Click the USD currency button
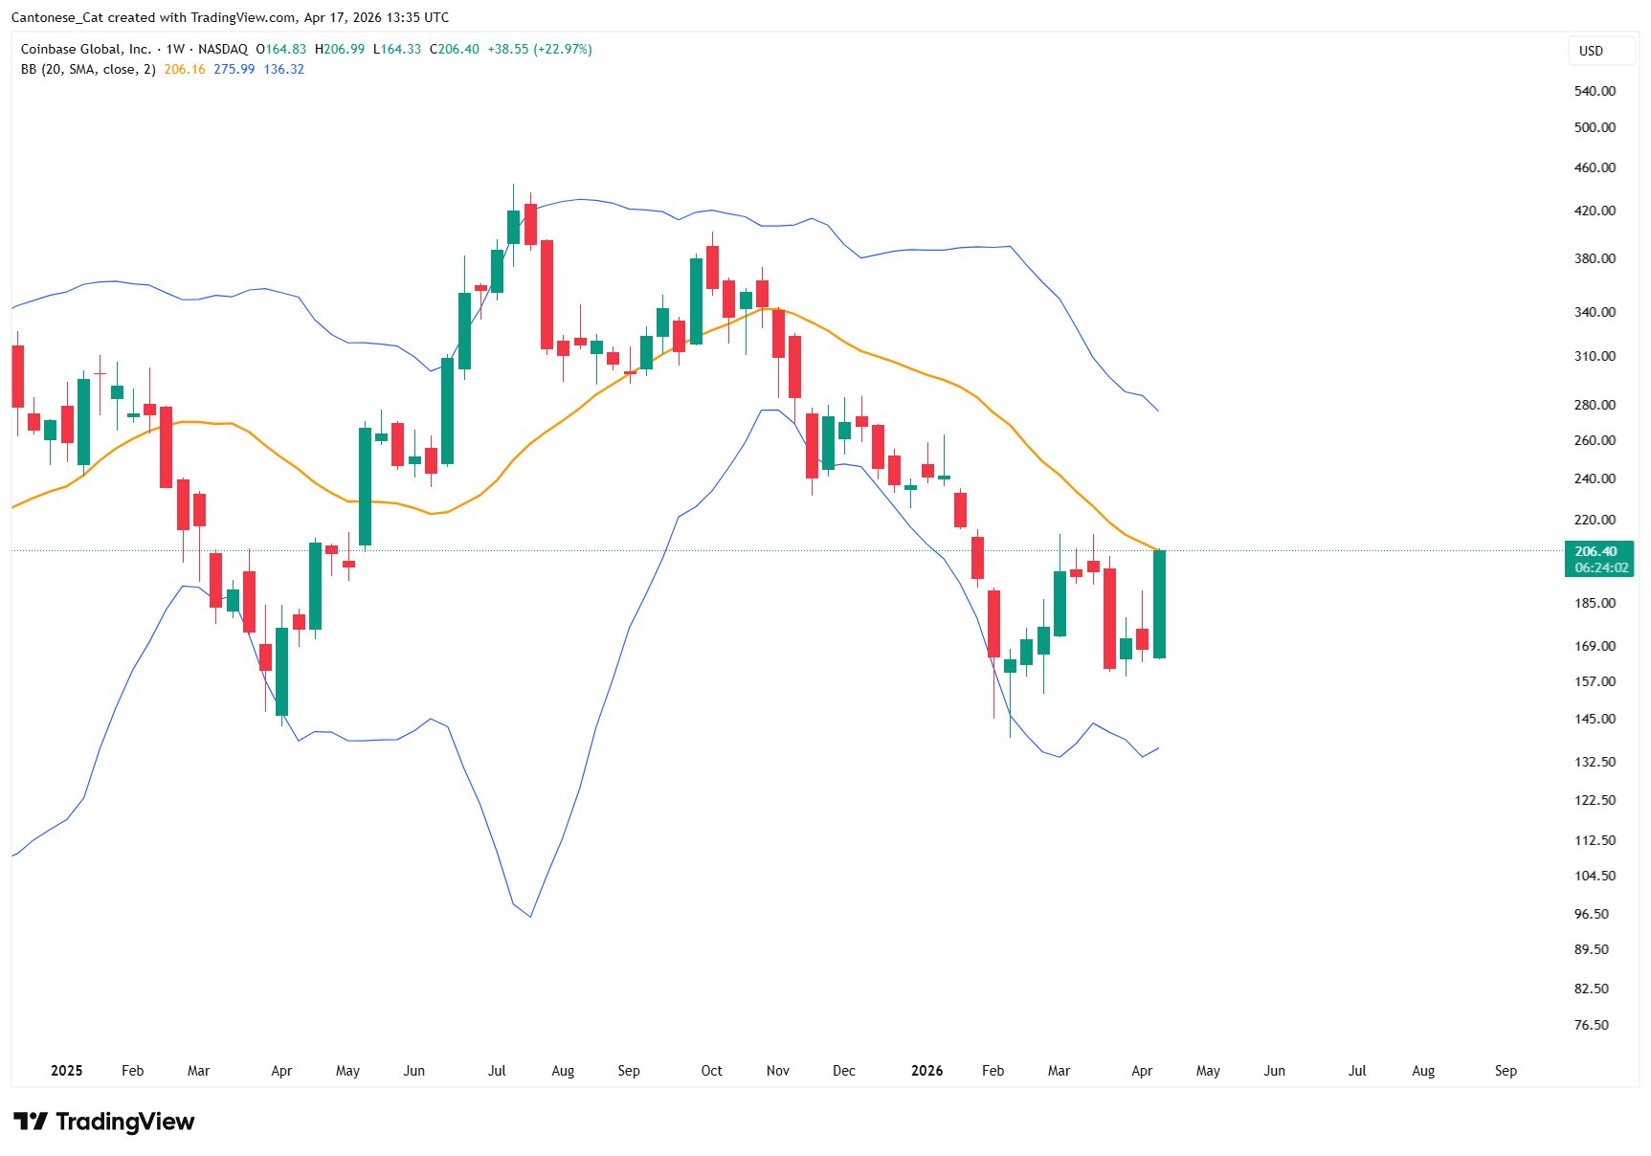[1591, 51]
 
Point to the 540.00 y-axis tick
[1595, 91]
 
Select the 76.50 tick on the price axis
[1592, 1025]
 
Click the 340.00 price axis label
[1595, 312]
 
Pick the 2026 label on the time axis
[926, 1071]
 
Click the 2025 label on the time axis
[67, 1071]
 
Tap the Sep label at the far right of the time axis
[1506, 1071]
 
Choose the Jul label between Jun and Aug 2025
[497, 1071]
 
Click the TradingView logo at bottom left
[103, 1122]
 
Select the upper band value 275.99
[234, 69]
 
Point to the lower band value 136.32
[284, 69]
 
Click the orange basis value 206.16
[185, 69]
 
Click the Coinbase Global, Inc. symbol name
[86, 49]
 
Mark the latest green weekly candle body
[1159, 604]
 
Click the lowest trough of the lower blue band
[530, 916]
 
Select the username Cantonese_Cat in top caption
[56, 17]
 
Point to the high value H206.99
[340, 49]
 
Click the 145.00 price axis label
[1595, 719]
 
